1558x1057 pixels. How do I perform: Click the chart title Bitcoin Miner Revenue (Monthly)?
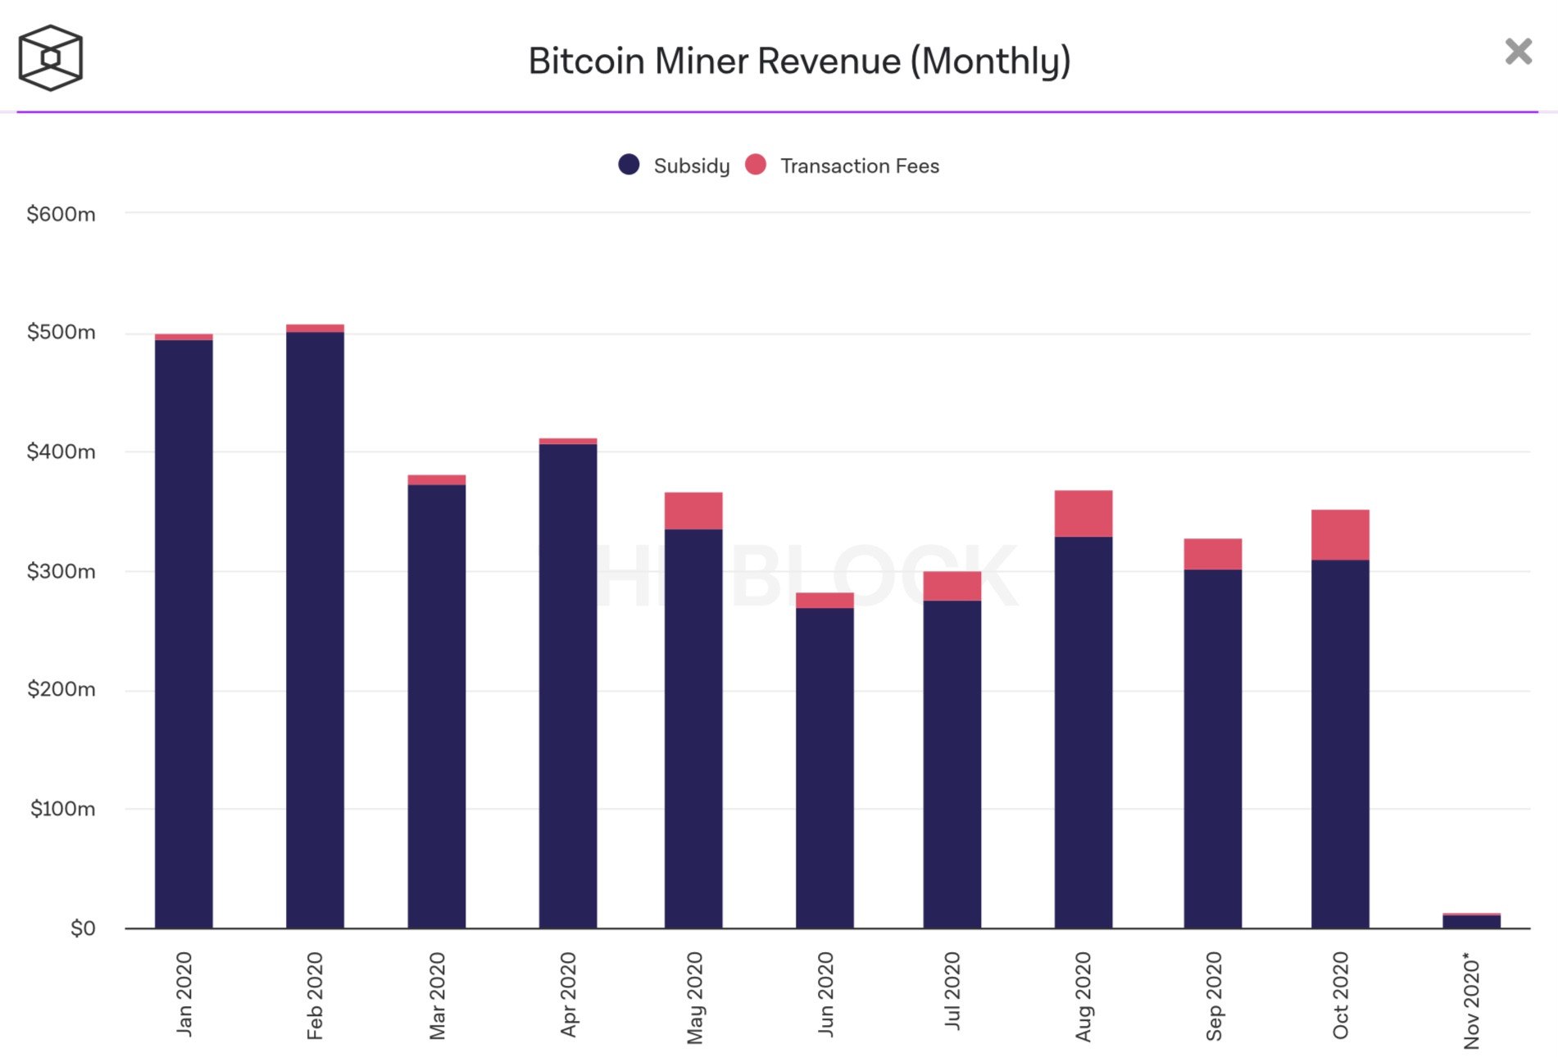click(799, 61)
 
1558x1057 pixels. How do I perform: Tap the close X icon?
click(1518, 52)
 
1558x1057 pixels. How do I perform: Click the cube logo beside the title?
click(51, 57)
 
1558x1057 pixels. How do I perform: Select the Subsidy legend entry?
click(675, 166)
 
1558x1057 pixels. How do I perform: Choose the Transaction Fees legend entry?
click(843, 166)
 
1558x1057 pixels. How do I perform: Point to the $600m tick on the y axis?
click(61, 215)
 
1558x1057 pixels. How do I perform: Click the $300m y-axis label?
click(61, 571)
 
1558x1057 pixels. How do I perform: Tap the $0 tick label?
click(83, 928)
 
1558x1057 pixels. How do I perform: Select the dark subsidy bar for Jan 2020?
click(184, 631)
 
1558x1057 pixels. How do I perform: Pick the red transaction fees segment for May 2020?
click(693, 510)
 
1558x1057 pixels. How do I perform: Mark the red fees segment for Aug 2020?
click(1083, 513)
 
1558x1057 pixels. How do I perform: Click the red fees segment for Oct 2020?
click(1340, 534)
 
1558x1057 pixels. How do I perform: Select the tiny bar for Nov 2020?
click(1471, 921)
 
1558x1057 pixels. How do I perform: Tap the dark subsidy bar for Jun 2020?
click(824, 766)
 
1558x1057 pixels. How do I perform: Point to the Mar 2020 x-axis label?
click(438, 996)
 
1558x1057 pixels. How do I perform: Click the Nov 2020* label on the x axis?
click(1472, 1000)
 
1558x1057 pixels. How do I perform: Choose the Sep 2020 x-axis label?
click(1214, 996)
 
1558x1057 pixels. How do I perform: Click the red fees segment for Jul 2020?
click(952, 586)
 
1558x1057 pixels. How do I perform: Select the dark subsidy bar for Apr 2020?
click(568, 684)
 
